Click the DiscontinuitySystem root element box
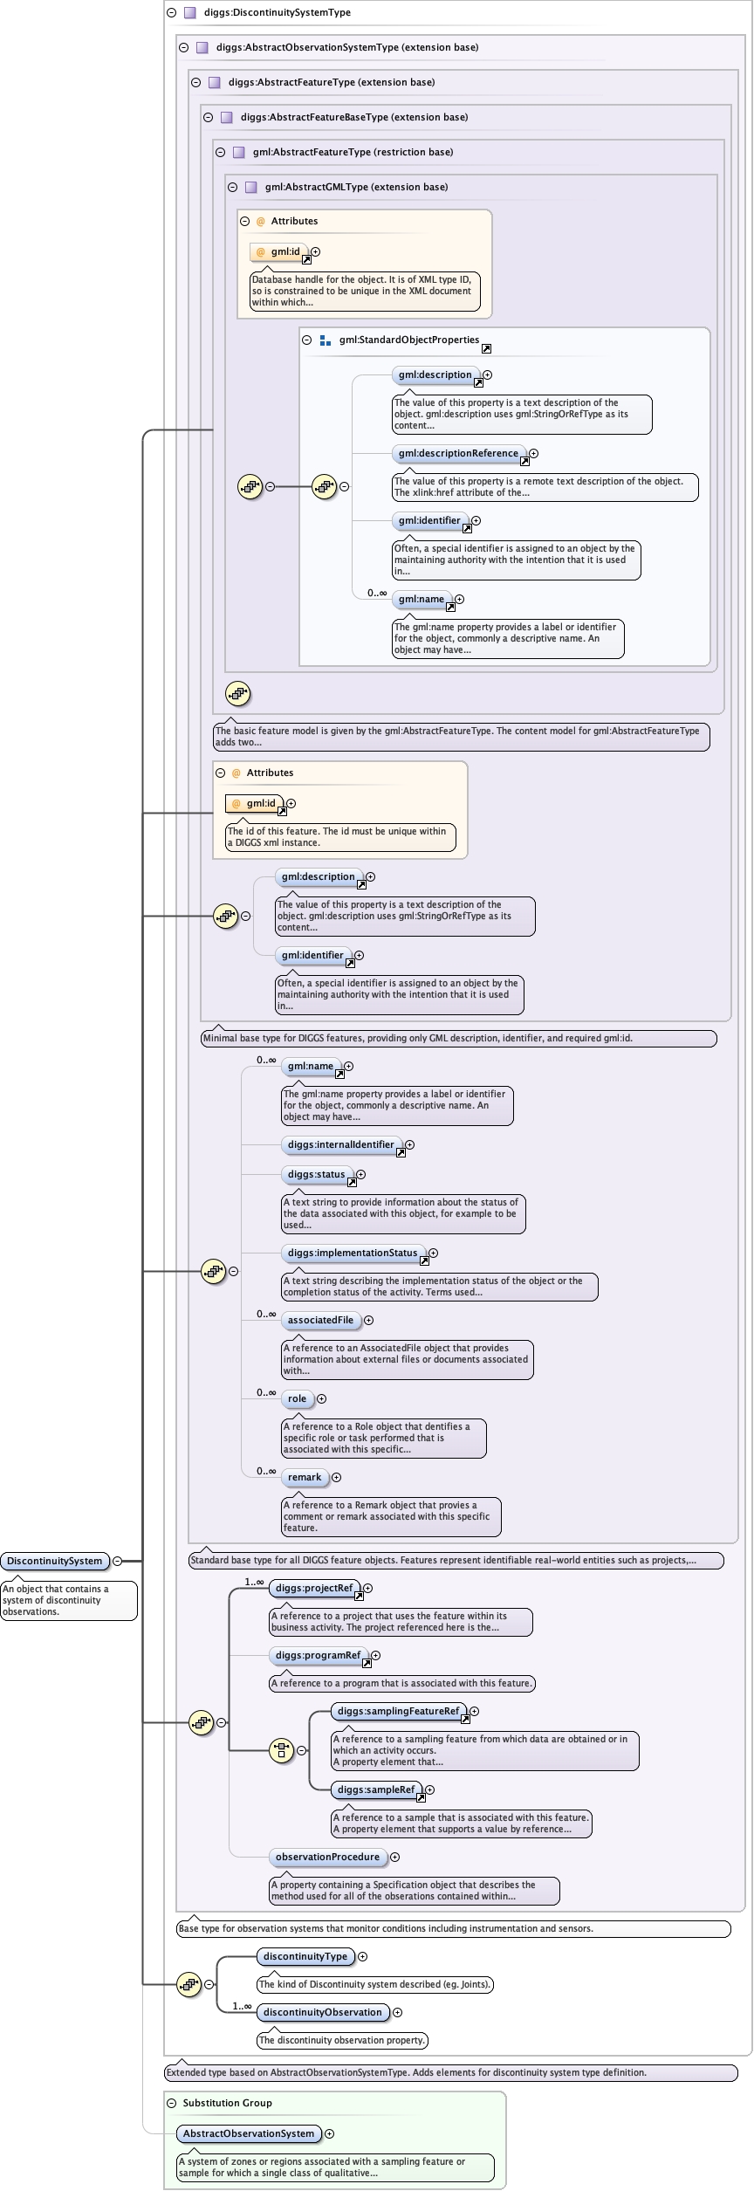point(54,1561)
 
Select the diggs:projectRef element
point(314,1588)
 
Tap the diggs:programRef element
point(318,1655)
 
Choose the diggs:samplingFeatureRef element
point(398,1711)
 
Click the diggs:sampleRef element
point(376,1789)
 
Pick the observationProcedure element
point(327,1857)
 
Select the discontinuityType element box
point(305,1956)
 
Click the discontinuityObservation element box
point(323,2012)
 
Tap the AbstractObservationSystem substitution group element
point(249,2133)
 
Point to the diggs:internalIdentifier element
point(341,1144)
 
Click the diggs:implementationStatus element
point(353,1253)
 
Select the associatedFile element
point(320,1320)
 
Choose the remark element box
point(305,1477)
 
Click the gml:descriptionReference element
point(458,453)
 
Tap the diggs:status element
point(316,1174)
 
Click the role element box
point(297,1398)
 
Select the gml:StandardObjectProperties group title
point(408,340)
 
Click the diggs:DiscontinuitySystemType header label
point(277,12)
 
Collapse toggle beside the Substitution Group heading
point(172,2103)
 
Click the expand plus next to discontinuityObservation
point(398,2012)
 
